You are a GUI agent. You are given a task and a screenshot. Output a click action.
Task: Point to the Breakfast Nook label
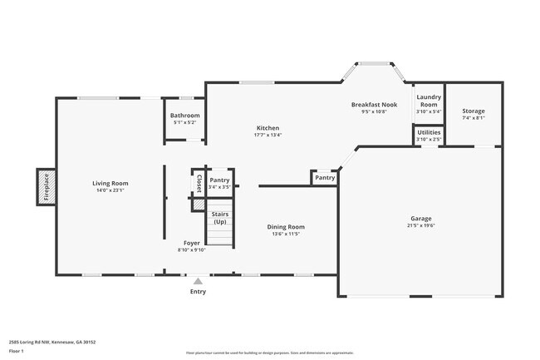[375, 104]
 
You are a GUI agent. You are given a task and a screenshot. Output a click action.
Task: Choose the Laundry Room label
[428, 101]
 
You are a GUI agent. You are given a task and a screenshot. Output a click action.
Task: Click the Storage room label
[474, 111]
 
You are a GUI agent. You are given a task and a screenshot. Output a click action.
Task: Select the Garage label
[421, 219]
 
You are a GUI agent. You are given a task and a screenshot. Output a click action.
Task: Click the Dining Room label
[285, 226]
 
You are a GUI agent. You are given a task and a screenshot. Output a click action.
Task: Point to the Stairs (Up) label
[220, 218]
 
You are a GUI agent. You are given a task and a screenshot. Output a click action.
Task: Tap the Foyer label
[190, 244]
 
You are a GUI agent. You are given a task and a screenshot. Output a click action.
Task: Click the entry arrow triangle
[198, 281]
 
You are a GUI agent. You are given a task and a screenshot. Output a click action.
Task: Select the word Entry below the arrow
[198, 291]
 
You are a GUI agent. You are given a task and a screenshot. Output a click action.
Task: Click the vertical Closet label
[199, 180]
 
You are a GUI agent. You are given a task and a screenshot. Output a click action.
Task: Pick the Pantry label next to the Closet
[219, 180]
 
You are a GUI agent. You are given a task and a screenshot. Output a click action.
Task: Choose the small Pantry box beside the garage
[325, 177]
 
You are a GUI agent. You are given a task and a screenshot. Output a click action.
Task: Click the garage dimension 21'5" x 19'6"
[421, 225]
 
